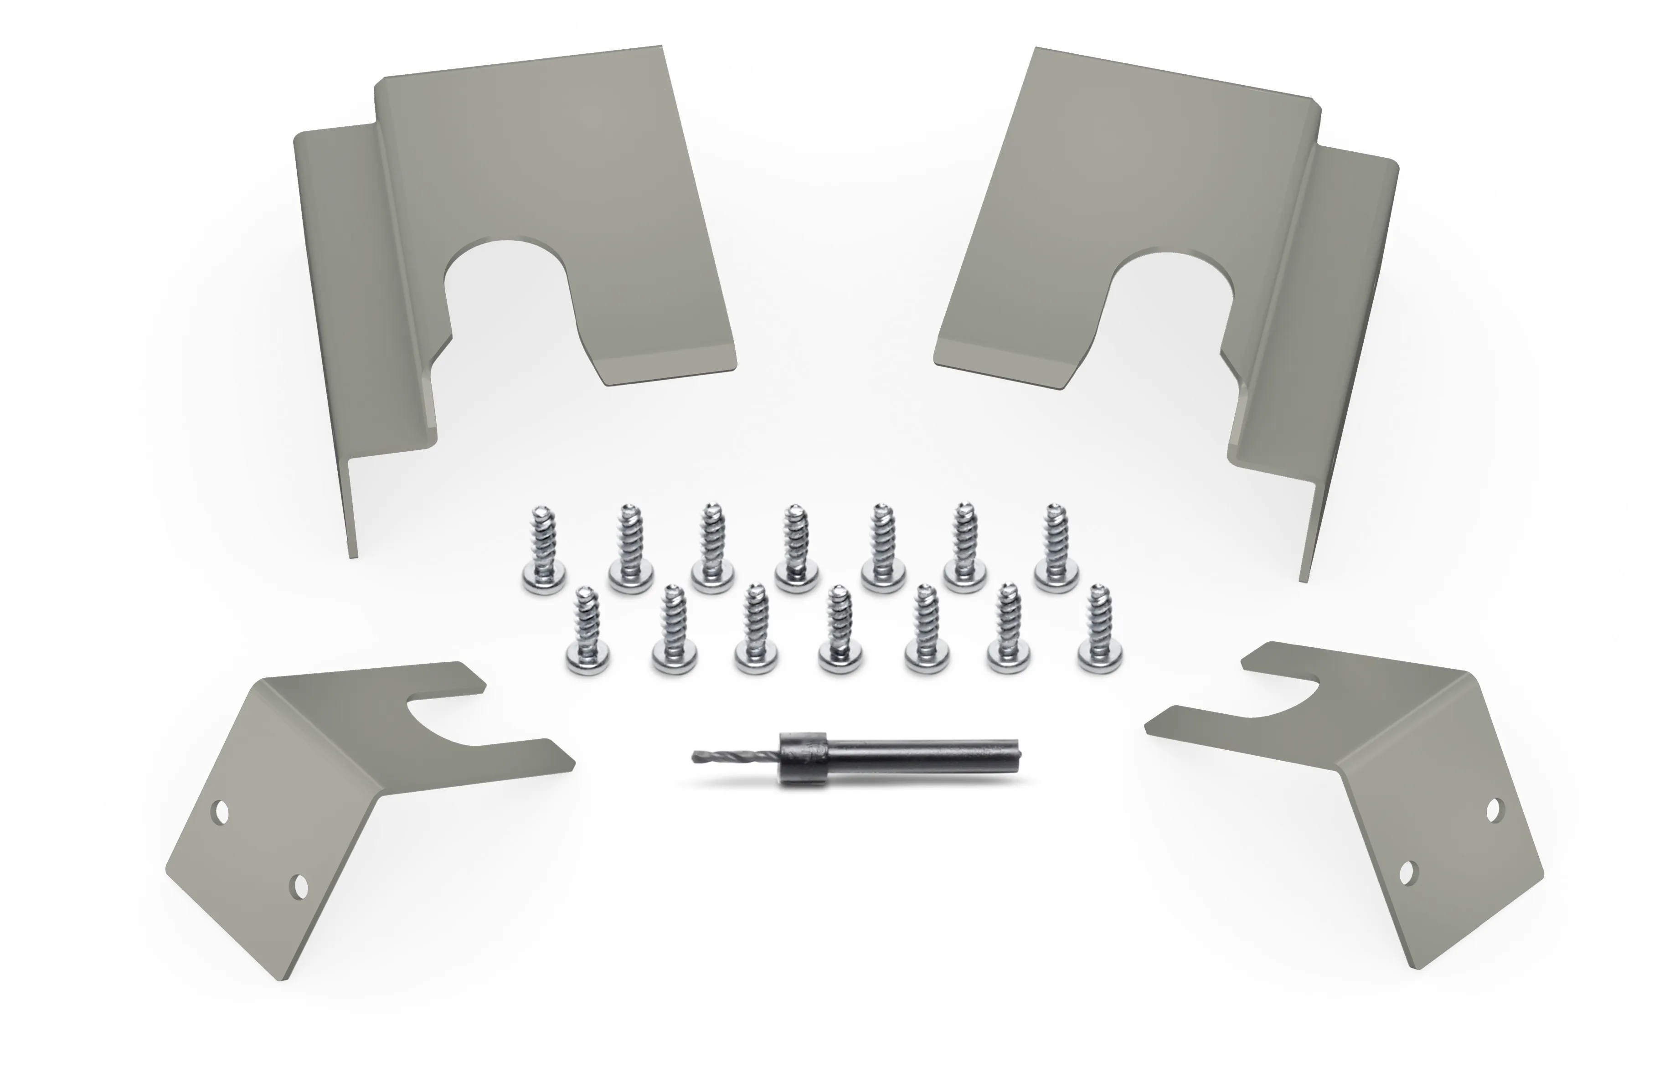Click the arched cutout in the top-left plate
[x=508, y=295]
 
